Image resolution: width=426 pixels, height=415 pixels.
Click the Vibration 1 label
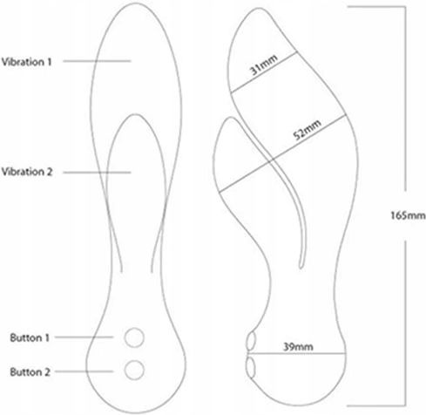pyautogui.click(x=26, y=62)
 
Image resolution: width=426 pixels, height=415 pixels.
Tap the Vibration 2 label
pyautogui.click(x=27, y=172)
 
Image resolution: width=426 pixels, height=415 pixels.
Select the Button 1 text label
pyautogui.click(x=30, y=337)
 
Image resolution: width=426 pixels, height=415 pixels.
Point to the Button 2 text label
pyautogui.click(x=30, y=372)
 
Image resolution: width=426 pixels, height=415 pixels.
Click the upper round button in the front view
pyautogui.click(x=134, y=337)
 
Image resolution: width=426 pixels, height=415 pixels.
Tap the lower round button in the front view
pyautogui.click(x=134, y=370)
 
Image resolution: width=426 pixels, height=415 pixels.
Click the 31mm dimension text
pyautogui.click(x=264, y=65)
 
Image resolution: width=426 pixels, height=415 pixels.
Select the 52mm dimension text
pyautogui.click(x=308, y=130)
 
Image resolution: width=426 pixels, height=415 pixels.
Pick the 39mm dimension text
pyautogui.click(x=298, y=346)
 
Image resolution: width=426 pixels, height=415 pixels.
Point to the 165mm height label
pyautogui.click(x=408, y=215)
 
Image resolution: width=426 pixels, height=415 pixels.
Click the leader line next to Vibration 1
pyautogui.click(x=97, y=61)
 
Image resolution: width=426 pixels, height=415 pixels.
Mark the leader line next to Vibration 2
pyautogui.click(x=97, y=173)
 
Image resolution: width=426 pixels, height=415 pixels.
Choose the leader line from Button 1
pyautogui.click(x=84, y=337)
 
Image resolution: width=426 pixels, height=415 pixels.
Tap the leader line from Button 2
pyautogui.click(x=84, y=371)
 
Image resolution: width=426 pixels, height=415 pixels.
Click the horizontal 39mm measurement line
pyautogui.click(x=297, y=354)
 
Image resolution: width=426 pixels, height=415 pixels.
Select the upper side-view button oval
pyautogui.click(x=252, y=340)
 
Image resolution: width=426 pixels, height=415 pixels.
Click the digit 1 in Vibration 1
pyautogui.click(x=49, y=62)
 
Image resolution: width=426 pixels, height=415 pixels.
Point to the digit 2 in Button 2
pyautogui.click(x=47, y=372)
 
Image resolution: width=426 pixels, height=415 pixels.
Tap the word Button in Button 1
pyautogui.click(x=26, y=337)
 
